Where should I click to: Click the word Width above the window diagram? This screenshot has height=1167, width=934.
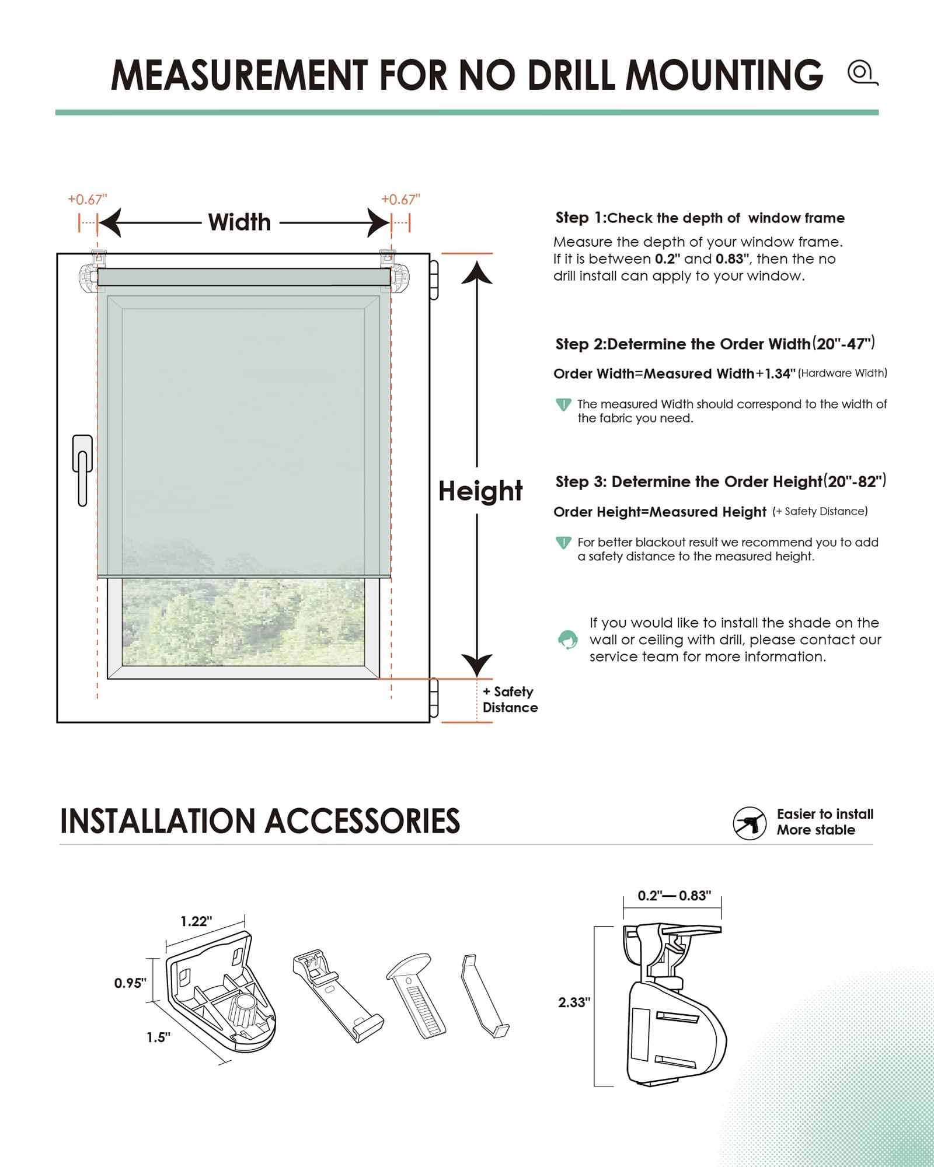click(239, 222)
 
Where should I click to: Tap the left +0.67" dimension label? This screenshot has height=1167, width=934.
click(88, 200)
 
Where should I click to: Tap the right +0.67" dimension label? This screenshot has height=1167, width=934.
click(400, 200)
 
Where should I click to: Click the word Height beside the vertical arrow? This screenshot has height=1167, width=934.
click(480, 491)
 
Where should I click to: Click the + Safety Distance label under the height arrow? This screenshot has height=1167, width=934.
click(509, 699)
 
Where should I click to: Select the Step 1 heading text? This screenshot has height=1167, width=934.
click(699, 218)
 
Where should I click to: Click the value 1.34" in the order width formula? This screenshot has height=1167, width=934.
click(780, 373)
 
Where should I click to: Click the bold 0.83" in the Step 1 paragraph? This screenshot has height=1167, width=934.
click(733, 259)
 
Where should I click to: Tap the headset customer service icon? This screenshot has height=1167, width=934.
click(567, 640)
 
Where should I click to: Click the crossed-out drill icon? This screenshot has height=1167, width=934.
click(750, 823)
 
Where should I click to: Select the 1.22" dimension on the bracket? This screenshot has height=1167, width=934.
click(196, 921)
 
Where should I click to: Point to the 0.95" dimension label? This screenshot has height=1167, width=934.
click(130, 983)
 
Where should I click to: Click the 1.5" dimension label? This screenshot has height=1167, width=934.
click(158, 1037)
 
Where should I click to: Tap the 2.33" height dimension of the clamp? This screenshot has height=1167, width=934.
click(574, 1002)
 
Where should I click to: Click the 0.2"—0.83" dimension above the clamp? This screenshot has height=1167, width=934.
click(674, 896)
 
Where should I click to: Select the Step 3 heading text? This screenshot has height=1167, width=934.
click(720, 481)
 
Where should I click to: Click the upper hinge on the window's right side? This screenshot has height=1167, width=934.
click(434, 280)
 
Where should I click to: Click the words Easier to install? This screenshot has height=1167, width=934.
click(824, 814)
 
